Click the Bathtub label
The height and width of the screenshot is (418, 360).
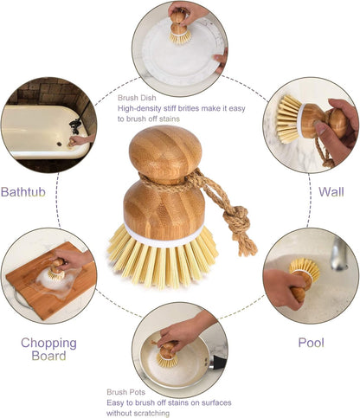[x=23, y=192]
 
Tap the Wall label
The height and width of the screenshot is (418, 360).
[x=331, y=192]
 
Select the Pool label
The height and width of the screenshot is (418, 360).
[x=312, y=343]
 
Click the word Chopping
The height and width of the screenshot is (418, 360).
[x=48, y=344]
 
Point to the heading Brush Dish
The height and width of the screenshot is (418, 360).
[x=137, y=98]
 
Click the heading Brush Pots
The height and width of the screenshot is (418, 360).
[x=126, y=392]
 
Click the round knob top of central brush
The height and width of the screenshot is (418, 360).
[x=165, y=151]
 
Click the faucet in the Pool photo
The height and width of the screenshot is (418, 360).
[x=339, y=253]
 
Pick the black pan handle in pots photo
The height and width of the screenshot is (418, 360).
[x=219, y=363]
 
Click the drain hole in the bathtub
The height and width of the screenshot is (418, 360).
[x=59, y=143]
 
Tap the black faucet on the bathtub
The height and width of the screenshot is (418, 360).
[x=75, y=126]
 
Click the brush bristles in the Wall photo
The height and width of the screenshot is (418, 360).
[x=288, y=119]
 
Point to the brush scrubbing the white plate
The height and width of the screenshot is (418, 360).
[x=179, y=28]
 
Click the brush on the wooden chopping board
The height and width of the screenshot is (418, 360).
[x=57, y=270]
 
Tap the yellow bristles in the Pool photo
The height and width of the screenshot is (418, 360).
[x=305, y=269]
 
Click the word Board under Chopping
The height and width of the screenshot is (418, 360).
[x=48, y=356]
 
